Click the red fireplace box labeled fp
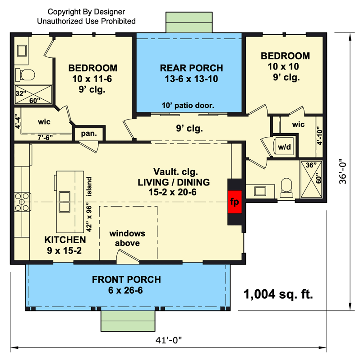(235, 202)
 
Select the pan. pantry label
(89, 134)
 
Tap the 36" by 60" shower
(311, 179)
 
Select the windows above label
(127, 238)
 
